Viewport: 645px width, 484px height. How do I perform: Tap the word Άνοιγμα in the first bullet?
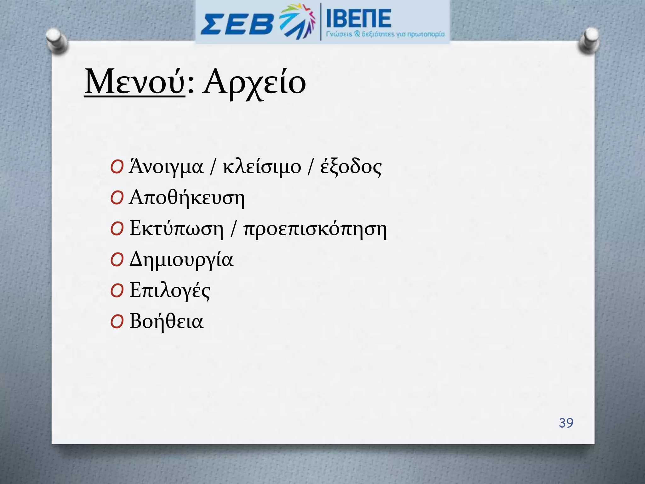[x=166, y=167]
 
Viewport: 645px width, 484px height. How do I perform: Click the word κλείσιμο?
[x=262, y=167]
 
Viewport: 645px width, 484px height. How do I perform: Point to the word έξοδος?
[x=351, y=167]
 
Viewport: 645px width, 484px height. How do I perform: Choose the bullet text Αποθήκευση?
[x=187, y=198]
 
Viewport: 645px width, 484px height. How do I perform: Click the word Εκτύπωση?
[x=176, y=228]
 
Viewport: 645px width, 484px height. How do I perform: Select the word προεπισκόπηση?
[x=315, y=229]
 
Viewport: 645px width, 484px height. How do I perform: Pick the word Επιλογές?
[x=170, y=290]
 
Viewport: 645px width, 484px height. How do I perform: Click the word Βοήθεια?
[x=167, y=321]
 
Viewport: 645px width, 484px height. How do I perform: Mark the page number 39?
[x=566, y=423]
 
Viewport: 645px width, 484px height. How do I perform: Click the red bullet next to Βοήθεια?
[x=117, y=322]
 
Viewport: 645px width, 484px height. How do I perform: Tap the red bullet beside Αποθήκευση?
[x=117, y=199]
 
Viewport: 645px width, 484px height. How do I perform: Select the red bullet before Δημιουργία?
[x=117, y=260]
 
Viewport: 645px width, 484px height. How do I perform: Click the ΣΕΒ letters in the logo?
[x=237, y=24]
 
